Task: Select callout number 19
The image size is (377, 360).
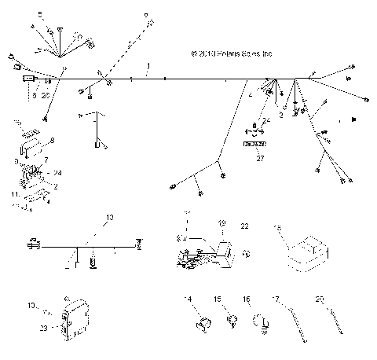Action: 221,223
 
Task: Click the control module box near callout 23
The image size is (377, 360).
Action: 76,323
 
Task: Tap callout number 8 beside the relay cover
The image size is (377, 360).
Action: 52,141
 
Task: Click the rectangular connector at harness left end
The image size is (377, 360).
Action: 31,80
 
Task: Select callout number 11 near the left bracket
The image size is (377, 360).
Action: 13,192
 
